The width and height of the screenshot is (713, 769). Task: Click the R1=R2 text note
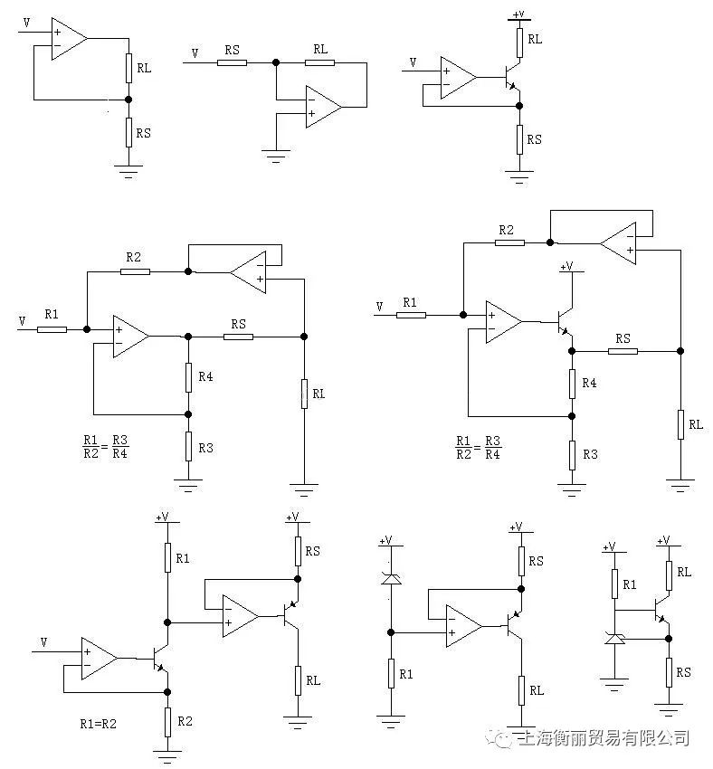(98, 724)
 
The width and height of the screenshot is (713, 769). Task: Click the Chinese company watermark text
(604, 737)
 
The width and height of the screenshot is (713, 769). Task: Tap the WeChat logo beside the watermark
(499, 737)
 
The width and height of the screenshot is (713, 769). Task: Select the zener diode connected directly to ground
(614, 638)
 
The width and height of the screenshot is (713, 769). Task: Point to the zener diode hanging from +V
(391, 579)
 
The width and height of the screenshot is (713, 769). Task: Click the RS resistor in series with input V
(232, 62)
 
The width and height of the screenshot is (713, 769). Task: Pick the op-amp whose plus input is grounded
(324, 107)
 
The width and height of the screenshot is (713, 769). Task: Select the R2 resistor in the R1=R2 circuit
(167, 722)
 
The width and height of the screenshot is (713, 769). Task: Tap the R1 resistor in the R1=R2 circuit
(167, 557)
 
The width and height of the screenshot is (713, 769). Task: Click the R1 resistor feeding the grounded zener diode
(614, 584)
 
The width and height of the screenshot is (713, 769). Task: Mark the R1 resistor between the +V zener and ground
(391, 674)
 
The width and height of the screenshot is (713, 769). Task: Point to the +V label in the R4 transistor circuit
(566, 266)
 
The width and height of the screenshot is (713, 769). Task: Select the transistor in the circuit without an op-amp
(662, 610)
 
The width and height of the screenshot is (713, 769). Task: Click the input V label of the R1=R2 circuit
(43, 642)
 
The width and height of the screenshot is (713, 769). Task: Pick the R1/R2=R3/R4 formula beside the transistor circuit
(478, 447)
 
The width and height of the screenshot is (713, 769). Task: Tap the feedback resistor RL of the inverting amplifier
(319, 62)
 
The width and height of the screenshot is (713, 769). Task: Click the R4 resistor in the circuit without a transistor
(188, 377)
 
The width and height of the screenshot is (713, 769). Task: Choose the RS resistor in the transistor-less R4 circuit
(238, 337)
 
